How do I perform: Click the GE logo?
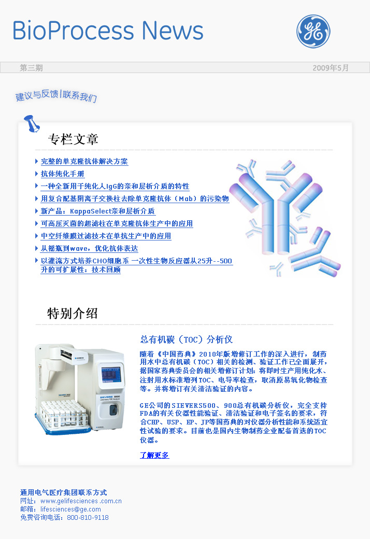pyautogui.click(x=314, y=31)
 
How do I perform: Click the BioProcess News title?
pyautogui.click(x=108, y=31)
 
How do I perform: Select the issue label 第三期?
pyautogui.click(x=31, y=68)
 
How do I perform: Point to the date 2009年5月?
pyautogui.click(x=331, y=68)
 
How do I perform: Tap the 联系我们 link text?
pyautogui.click(x=80, y=96)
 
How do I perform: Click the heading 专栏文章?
pyautogui.click(x=73, y=139)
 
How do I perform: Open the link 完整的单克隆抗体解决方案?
pyautogui.click(x=84, y=162)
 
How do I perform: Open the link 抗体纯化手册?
pyautogui.click(x=63, y=174)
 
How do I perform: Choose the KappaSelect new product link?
pyautogui.click(x=97, y=211)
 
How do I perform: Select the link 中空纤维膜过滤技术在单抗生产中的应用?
pyautogui.click(x=106, y=236)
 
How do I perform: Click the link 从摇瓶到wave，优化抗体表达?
pyautogui.click(x=90, y=248)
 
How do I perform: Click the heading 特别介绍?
pyautogui.click(x=73, y=314)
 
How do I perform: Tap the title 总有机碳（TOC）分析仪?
pyautogui.click(x=187, y=339)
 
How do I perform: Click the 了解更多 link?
pyautogui.click(x=154, y=455)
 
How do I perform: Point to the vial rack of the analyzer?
pyautogui.click(x=63, y=415)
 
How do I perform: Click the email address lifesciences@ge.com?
pyautogui.click(x=70, y=509)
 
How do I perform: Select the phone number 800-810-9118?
pyautogui.click(x=88, y=517)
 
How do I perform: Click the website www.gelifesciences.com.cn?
pyautogui.click(x=81, y=501)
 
